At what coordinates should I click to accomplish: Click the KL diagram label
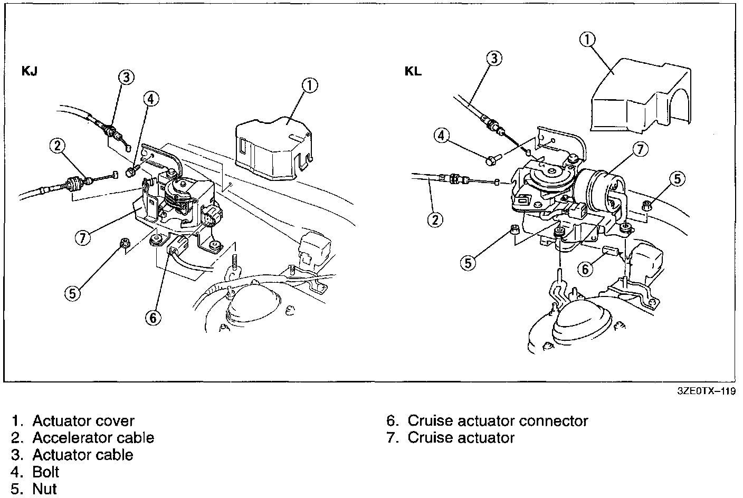pyautogui.click(x=413, y=71)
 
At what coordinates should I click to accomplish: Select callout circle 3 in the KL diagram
pyautogui.click(x=493, y=58)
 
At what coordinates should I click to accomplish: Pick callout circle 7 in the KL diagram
pyautogui.click(x=640, y=149)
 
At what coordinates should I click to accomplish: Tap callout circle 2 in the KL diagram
pyautogui.click(x=435, y=219)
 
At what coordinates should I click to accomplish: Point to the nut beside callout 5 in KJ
pyautogui.click(x=125, y=243)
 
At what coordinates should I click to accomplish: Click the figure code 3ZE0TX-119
pyautogui.click(x=706, y=391)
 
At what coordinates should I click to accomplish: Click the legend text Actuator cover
pyautogui.click(x=83, y=421)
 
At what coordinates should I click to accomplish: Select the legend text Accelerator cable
pyautogui.click(x=93, y=438)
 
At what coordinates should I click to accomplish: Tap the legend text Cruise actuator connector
pyautogui.click(x=498, y=421)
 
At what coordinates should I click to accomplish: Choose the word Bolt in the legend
pyautogui.click(x=46, y=472)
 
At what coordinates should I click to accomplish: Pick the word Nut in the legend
pyautogui.click(x=44, y=489)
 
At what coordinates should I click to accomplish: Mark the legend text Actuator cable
pyautogui.click(x=83, y=455)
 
